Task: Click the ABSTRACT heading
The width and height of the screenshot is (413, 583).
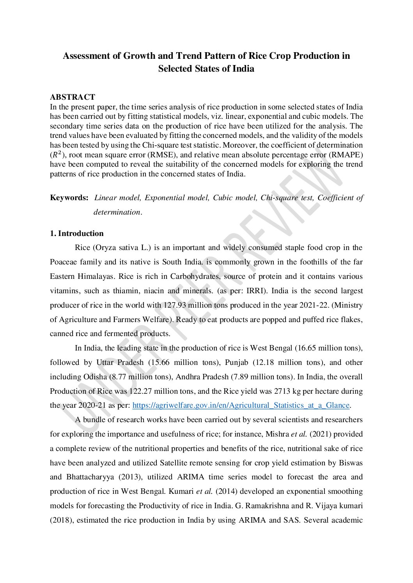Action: click(x=72, y=97)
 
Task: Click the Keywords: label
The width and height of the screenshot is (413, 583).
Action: click(x=69, y=197)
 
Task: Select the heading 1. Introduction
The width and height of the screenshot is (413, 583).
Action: click(x=77, y=233)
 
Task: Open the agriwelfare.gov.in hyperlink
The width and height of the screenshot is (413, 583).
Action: click(x=241, y=405)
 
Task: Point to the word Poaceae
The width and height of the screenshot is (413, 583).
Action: click(x=64, y=262)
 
